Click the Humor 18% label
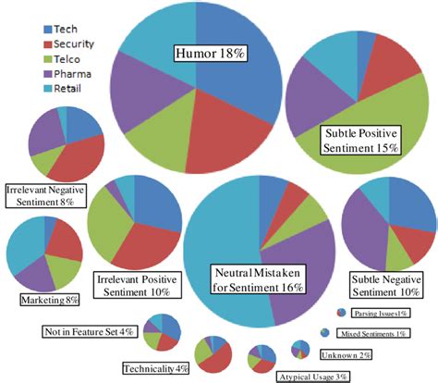pyautogui.click(x=210, y=54)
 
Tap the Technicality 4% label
pyautogui.click(x=154, y=368)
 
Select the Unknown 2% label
pyautogui.click(x=345, y=355)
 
